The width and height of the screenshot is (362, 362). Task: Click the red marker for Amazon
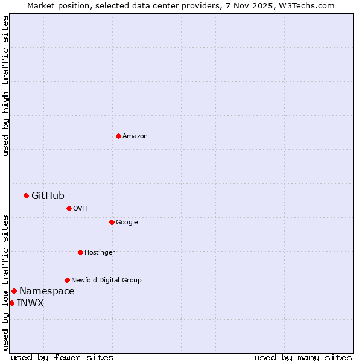coord(118,136)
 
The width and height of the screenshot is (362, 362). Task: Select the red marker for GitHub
coord(26,195)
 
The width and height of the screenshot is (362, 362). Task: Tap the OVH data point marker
coord(69,208)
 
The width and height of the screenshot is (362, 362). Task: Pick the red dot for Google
coord(112,222)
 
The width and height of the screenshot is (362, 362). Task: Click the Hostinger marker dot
coord(80,252)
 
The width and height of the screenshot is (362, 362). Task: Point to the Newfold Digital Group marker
coord(67,280)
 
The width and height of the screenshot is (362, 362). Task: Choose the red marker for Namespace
coord(14,291)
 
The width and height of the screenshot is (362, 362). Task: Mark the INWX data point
coord(11,303)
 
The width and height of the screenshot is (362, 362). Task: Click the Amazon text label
coord(135,136)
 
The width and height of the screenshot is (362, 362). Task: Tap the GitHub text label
coord(48,195)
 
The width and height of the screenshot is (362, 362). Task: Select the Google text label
coord(127,223)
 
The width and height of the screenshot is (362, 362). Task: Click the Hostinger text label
coord(100,253)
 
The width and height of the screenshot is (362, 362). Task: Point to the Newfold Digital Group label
coord(106,281)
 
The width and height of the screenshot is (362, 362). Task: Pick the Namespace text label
coord(47,291)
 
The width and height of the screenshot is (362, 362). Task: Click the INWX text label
coord(30,303)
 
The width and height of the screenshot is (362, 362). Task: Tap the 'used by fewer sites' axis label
coord(62,357)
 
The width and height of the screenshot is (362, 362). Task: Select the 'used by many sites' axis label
coord(303,357)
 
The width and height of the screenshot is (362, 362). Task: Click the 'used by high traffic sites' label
coord(6,86)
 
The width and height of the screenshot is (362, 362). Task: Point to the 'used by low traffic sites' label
coord(6,282)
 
